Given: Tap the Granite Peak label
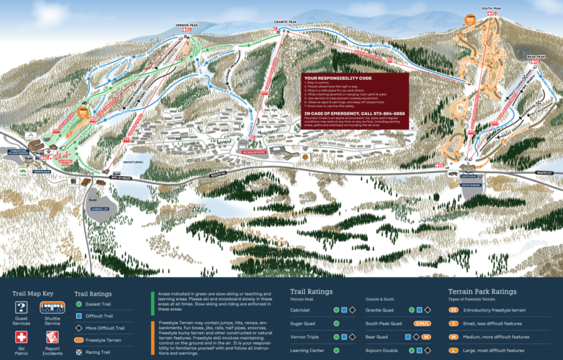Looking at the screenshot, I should [287, 23].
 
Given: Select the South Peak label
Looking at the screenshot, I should [491, 9].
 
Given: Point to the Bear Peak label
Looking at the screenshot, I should [536, 56].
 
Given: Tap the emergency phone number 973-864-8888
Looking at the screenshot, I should [378, 114].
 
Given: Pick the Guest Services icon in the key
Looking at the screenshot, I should [21, 307].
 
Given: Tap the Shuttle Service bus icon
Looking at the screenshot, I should [52, 307].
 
